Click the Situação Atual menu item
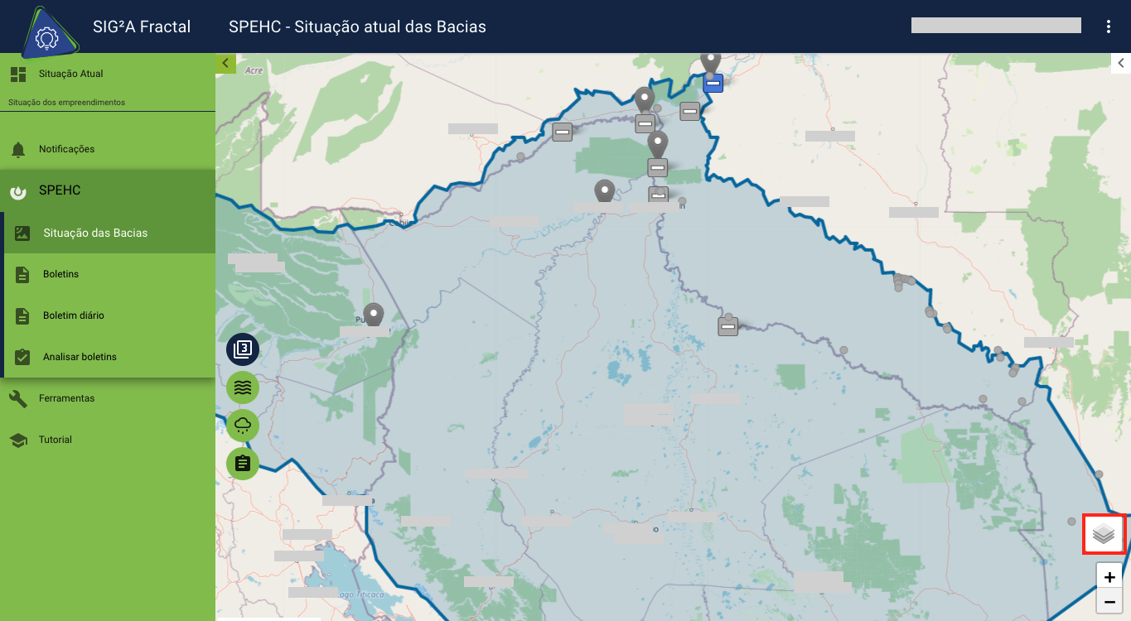[70, 74]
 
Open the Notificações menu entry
[66, 149]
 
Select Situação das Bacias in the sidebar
[95, 233]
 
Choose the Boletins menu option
[60, 274]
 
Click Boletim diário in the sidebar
[73, 315]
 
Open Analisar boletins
[80, 357]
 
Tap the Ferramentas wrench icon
[18, 398]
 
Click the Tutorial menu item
[55, 440]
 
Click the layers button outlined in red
[1103, 534]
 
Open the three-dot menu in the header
[1109, 26]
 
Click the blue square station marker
[713, 83]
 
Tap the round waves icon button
[243, 387]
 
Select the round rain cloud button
[243, 426]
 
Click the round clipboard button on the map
[243, 464]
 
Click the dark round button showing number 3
[243, 349]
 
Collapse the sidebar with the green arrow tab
[225, 63]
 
